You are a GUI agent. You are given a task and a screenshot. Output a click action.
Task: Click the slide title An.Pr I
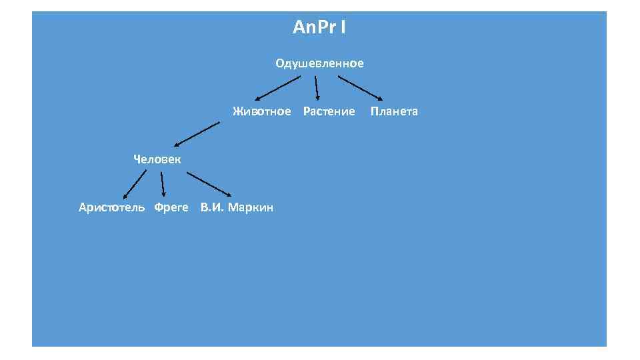coord(319,28)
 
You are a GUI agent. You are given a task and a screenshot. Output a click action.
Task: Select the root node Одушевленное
coord(319,64)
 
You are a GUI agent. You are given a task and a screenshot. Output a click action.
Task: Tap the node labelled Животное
coord(262,111)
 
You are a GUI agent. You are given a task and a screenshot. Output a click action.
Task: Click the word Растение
coord(329,111)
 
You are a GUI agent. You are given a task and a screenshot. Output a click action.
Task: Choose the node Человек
coord(157,159)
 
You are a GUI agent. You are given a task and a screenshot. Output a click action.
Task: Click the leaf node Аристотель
coord(111,207)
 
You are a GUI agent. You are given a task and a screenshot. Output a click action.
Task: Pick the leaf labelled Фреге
coord(171,207)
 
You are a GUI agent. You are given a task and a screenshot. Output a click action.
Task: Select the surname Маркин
coord(251,207)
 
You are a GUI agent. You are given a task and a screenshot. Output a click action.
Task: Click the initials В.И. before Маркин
coord(212,207)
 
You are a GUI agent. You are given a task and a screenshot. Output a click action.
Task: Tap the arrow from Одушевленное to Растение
coord(317,87)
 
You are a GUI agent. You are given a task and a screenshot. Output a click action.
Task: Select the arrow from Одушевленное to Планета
coord(360,87)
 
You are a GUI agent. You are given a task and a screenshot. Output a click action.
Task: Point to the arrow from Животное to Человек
coord(197,133)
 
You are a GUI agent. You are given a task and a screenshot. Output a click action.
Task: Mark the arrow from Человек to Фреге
coord(163,184)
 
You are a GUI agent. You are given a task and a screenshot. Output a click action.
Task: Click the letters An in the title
coord(301,28)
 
